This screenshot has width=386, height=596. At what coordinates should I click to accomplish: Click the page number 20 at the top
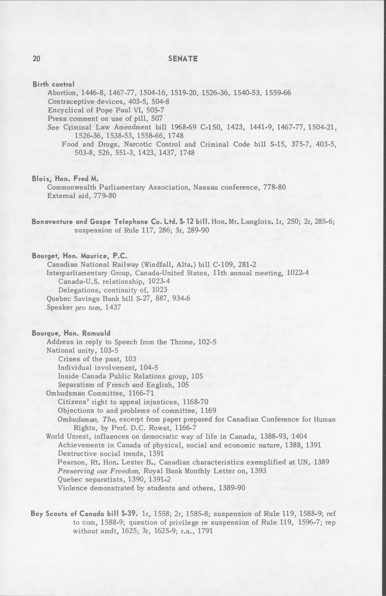pyautogui.click(x=36, y=58)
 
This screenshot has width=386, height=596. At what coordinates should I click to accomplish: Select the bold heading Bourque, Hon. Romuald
pyautogui.click(x=71, y=333)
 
